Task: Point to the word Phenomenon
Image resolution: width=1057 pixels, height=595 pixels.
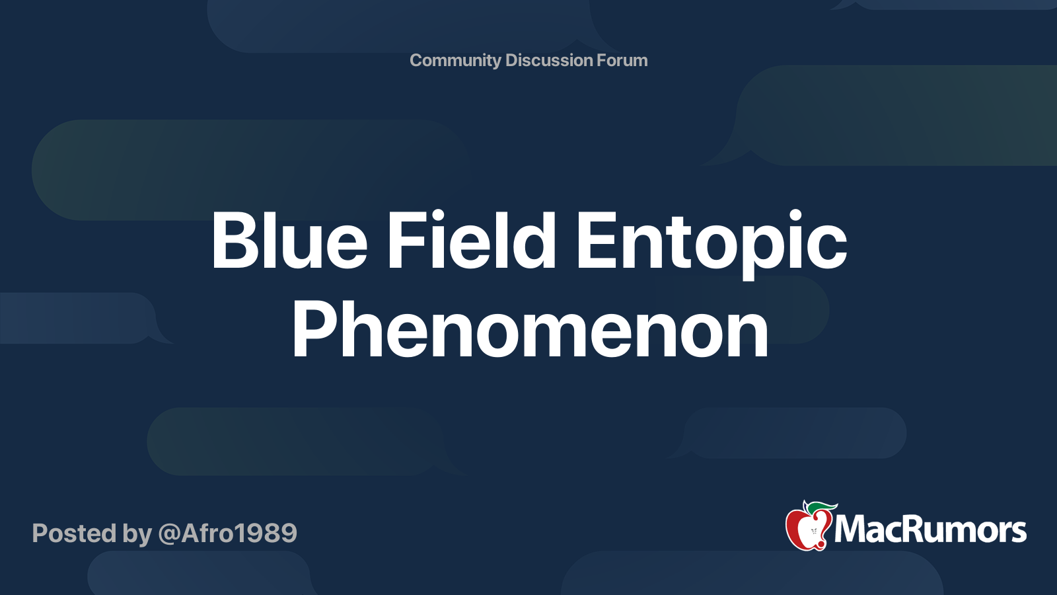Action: click(530, 329)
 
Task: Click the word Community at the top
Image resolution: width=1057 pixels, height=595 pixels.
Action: click(455, 60)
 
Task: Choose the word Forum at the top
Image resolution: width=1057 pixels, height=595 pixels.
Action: click(622, 60)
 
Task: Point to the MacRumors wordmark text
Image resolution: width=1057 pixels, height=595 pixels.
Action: click(930, 530)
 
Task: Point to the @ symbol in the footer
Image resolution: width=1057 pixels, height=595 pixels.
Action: click(169, 534)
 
